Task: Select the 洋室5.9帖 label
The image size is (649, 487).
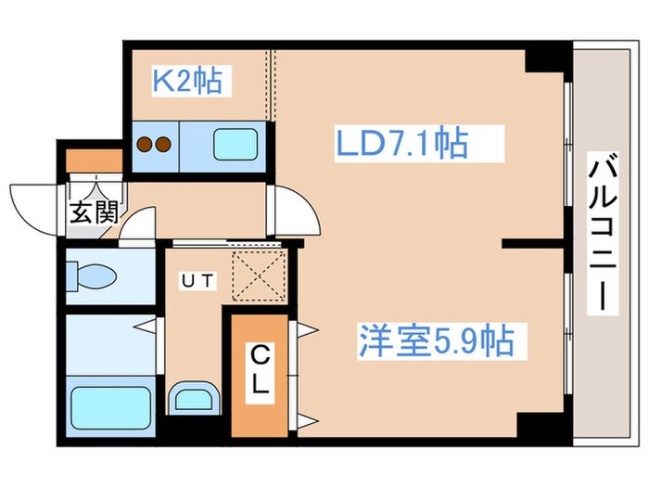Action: (x=435, y=341)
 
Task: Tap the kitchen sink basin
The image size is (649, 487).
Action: (x=239, y=146)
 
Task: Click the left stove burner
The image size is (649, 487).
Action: (x=145, y=145)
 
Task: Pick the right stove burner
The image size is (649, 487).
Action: (x=162, y=145)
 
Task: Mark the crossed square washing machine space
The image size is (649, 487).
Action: (x=254, y=276)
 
